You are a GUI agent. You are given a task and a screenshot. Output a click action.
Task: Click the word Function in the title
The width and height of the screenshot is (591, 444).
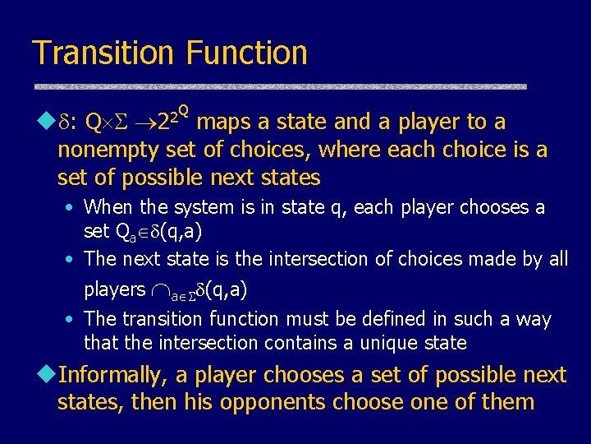point(246,53)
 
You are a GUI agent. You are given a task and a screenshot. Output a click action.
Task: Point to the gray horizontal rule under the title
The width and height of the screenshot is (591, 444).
point(279,86)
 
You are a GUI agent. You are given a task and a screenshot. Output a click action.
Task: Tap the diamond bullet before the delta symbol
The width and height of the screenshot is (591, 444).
point(42,123)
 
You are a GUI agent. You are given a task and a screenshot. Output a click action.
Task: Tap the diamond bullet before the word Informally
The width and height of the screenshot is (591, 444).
point(42,376)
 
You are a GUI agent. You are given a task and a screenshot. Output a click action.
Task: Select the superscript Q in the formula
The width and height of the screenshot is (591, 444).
point(184,110)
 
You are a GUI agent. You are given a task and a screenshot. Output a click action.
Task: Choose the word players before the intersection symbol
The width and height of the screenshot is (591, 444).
point(114,289)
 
